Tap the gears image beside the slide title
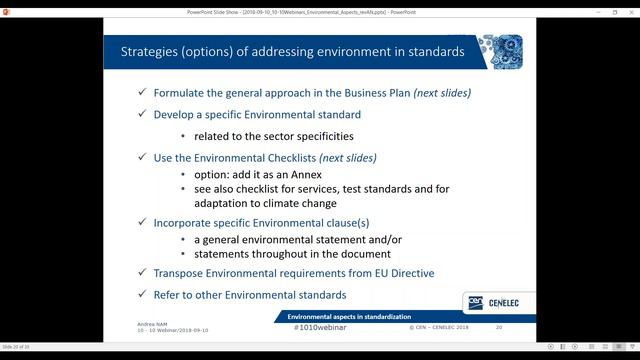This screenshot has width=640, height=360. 499,50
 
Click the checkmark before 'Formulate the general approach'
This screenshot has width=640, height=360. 143,93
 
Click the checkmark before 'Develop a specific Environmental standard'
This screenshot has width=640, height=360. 143,115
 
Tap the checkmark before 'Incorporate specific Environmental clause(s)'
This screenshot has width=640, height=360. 143,223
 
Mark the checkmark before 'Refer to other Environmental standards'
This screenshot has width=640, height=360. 143,295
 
